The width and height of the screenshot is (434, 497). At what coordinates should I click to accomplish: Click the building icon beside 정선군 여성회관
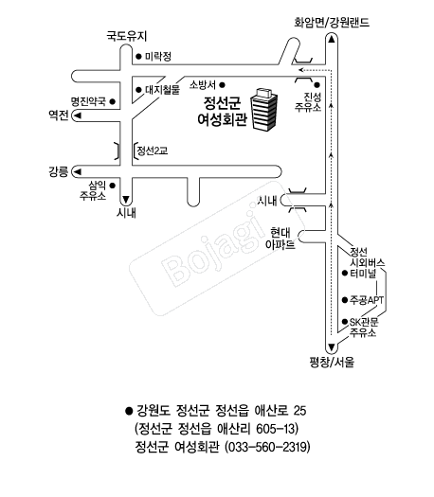tap(264, 109)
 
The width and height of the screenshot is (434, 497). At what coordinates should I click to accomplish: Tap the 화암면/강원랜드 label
tap(332, 23)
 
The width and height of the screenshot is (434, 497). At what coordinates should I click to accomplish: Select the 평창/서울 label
tap(332, 362)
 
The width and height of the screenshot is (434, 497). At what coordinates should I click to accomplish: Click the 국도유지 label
tap(127, 36)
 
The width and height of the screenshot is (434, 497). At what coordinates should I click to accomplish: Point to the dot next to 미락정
tap(138, 57)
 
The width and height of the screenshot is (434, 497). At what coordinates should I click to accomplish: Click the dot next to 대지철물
tap(138, 90)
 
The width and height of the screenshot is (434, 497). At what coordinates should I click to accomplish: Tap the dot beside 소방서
tap(223, 85)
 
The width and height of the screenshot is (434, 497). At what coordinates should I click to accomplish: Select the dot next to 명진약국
tap(113, 101)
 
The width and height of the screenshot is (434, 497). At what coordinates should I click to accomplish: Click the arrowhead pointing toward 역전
tap(78, 115)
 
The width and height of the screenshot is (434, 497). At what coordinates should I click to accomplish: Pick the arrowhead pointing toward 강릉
tap(78, 171)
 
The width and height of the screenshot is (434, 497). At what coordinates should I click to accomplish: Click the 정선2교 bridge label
tap(153, 151)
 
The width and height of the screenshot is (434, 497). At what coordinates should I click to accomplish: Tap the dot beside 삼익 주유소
tap(113, 186)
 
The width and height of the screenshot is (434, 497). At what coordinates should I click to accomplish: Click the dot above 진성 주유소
tap(316, 85)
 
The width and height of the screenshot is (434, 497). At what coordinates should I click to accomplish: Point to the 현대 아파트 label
tap(280, 239)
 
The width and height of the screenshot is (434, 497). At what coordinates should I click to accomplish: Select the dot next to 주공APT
tap(345, 300)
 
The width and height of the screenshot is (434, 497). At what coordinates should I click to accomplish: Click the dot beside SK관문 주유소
tap(345, 322)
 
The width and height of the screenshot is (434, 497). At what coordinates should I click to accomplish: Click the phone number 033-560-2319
tap(267, 447)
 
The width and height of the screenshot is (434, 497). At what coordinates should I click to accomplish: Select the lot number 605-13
tap(275, 429)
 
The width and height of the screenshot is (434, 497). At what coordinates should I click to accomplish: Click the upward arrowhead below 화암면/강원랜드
tap(332, 40)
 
